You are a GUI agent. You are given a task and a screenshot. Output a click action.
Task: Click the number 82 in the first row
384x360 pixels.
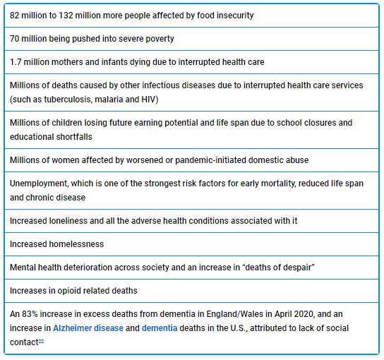[x=16, y=16]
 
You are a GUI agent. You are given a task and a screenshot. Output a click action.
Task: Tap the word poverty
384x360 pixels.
[x=158, y=39]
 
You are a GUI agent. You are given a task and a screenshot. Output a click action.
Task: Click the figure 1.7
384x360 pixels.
[x=16, y=62]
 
